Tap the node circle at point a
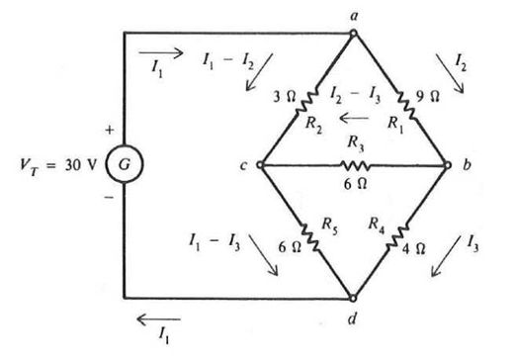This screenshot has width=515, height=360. click(353, 33)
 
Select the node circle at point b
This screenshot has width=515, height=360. click(447, 164)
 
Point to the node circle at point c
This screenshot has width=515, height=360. click(260, 164)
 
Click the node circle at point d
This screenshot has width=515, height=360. click(353, 299)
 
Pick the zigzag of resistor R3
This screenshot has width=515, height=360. click(355, 165)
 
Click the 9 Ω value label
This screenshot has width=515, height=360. click(427, 96)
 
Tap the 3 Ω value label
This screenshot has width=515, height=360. click(285, 97)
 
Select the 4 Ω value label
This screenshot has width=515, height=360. click(413, 248)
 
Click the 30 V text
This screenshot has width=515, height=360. click(81, 165)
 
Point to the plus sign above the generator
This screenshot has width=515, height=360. click(110, 131)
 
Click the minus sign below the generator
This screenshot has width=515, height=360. click(109, 198)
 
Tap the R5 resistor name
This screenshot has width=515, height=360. click(329, 225)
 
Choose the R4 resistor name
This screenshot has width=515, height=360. click(377, 225)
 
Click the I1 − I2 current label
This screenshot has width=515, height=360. click(228, 61)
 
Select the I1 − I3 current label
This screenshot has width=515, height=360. click(215, 242)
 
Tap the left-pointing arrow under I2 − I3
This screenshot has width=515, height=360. click(354, 118)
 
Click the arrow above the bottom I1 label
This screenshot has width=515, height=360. click(158, 319)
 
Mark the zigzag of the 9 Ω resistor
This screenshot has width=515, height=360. click(406, 105)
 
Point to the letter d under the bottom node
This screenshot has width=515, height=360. click(352, 318)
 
